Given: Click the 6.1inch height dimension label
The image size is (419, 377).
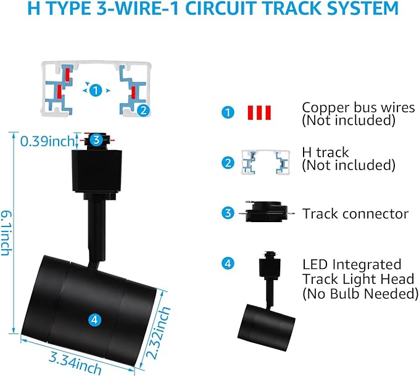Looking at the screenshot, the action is pos(6,233).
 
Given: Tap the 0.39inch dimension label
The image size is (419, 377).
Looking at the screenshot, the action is pos(47,141).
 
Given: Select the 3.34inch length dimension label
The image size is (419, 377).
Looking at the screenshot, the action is pos(75,362).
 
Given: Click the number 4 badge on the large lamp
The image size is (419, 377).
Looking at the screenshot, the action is pos(95,319).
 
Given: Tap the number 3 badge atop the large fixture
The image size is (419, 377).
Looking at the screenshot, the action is pos(96,139).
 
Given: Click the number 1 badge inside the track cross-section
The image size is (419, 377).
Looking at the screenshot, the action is pos(96,90).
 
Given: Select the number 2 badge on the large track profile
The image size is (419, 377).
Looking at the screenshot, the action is pos(144,110).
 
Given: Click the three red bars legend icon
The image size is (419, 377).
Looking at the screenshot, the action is pos(259,112).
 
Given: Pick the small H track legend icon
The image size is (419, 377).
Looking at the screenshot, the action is pos(266,162).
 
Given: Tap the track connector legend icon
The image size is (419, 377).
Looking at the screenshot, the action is pos(267,212).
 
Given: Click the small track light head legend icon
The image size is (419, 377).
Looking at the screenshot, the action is pos(267,301).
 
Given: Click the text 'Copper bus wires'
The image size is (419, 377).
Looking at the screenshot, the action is pos(359,107).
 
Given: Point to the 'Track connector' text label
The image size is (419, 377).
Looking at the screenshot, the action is pos(355,213).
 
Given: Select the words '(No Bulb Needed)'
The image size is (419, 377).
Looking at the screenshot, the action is pos(360,294).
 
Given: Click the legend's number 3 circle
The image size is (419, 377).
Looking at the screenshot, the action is pos(228,213).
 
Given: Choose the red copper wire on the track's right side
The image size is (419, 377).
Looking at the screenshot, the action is pos(133,91).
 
